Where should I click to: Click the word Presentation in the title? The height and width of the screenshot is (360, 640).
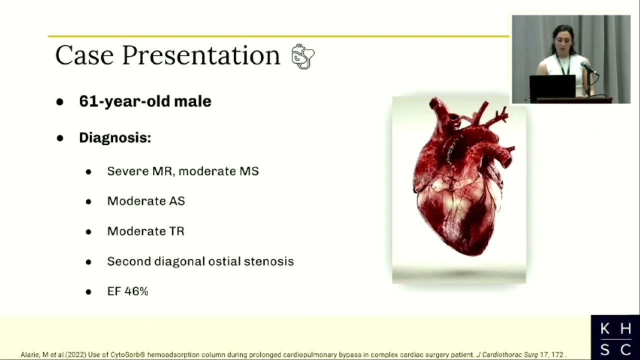(201, 56)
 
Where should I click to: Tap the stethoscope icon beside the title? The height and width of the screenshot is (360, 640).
(303, 56)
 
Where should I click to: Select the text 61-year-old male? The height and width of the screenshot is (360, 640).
(145, 101)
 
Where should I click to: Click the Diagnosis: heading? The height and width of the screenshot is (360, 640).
(115, 137)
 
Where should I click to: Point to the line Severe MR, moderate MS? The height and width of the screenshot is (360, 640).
(183, 171)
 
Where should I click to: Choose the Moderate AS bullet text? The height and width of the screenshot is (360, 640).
(146, 201)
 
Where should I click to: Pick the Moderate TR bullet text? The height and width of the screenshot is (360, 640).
(145, 231)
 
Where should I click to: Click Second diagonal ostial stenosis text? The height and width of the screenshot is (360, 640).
(200, 261)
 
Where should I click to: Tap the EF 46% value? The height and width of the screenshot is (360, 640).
(127, 291)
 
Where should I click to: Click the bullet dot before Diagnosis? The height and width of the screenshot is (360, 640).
(60, 138)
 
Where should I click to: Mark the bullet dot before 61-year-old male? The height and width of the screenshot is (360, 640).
(60, 102)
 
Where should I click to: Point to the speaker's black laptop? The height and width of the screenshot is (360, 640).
(552, 87)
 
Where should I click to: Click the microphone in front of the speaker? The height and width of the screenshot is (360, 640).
(589, 68)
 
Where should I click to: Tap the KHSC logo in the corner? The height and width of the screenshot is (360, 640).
(615, 338)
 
